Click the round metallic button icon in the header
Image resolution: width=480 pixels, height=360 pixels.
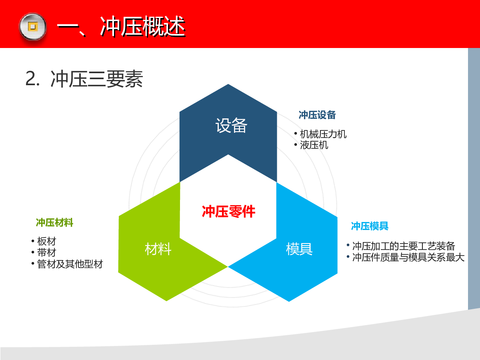[33, 27]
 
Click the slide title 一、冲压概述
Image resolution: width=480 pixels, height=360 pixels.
[121, 27]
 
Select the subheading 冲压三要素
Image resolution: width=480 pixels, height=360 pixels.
[97, 79]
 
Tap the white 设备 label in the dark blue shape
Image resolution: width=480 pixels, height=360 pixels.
[231, 125]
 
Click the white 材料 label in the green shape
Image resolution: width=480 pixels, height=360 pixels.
[158, 249]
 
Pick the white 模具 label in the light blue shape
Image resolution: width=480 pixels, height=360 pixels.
[299, 249]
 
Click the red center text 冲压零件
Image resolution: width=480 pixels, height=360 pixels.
[228, 211]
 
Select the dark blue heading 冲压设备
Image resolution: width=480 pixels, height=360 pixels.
[317, 115]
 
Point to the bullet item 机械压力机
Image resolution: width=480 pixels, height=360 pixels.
[323, 134]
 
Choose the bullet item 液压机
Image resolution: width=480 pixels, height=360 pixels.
[314, 145]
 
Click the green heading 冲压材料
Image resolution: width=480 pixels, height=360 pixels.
[54, 222]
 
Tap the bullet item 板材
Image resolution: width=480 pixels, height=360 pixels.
[46, 241]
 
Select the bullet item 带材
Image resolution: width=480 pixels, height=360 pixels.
[46, 252]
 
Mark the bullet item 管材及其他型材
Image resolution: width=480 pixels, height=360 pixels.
[70, 264]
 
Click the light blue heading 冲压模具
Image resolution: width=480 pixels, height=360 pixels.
[370, 226]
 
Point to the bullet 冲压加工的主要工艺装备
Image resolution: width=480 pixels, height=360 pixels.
[404, 246]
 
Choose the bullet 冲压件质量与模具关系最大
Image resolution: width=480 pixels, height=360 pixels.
[408, 257]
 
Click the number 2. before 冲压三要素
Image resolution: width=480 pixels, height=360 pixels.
[32, 79]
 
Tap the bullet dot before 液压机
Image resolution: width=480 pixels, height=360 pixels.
[296, 144]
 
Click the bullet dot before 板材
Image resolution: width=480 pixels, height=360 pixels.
[33, 241]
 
